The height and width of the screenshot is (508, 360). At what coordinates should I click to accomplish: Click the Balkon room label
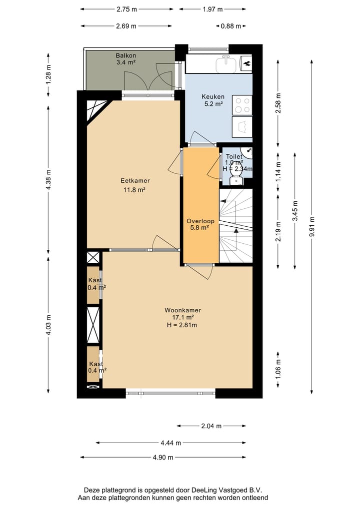click(x=126, y=55)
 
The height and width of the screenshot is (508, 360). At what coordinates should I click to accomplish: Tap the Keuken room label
click(x=213, y=97)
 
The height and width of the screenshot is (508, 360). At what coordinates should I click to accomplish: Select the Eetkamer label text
click(x=135, y=181)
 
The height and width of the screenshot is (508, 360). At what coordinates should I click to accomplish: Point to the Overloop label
click(x=200, y=221)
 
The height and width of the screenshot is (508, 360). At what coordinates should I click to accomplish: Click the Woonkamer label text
click(x=182, y=310)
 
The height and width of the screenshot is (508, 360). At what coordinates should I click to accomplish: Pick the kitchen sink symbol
click(x=226, y=64)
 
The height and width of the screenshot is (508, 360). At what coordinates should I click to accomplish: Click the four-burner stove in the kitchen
click(x=242, y=105)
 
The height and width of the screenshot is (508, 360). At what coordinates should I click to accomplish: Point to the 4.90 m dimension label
click(x=163, y=458)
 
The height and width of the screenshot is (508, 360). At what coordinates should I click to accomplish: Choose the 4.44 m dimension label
click(x=171, y=443)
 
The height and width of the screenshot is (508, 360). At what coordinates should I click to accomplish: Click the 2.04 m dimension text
click(x=211, y=426)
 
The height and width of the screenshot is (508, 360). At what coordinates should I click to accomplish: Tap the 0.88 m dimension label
click(x=231, y=26)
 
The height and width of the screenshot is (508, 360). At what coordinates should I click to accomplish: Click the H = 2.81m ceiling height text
click(x=182, y=325)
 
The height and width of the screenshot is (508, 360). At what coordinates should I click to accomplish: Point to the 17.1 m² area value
click(x=182, y=318)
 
